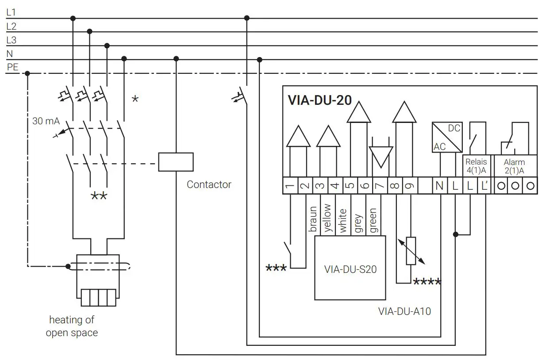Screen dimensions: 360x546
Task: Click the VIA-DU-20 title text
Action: point(319,100)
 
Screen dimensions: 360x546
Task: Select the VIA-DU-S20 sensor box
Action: point(350,268)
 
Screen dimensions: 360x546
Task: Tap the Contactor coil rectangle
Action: point(176,161)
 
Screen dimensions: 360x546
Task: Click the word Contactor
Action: point(209,184)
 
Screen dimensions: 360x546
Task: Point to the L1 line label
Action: point(12,13)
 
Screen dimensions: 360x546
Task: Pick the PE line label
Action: point(12,67)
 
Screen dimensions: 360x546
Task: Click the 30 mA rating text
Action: point(46,121)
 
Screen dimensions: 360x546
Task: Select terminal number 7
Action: point(380,186)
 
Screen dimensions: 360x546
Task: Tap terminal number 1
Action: point(290,186)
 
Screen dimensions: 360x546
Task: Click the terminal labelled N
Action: point(439,186)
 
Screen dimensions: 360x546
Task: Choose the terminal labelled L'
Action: point(484,186)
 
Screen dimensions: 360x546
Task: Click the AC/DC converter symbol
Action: point(447,137)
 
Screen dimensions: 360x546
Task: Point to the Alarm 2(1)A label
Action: point(515,166)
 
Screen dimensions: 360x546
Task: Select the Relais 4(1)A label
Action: point(476,166)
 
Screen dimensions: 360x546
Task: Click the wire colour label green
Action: point(373,221)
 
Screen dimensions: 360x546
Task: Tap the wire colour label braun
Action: point(313,219)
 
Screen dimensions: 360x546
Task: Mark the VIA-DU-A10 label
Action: point(404,311)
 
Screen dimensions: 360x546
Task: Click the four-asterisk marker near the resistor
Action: point(427,282)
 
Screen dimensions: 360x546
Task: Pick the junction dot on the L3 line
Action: point(107,46)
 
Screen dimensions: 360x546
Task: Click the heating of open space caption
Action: point(72,326)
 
